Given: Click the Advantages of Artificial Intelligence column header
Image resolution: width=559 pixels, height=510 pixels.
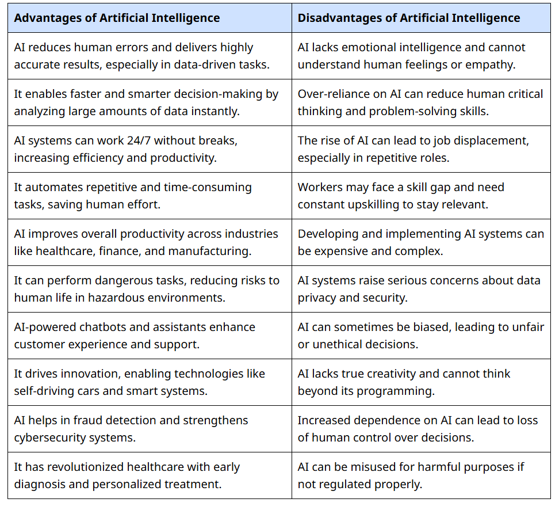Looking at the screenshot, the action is click(117, 18).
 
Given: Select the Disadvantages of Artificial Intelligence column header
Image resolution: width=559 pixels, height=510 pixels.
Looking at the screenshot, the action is click(409, 18).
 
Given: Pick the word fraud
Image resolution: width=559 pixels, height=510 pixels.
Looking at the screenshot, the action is click(85, 420).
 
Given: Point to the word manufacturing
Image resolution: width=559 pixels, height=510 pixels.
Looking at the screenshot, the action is click(209, 252).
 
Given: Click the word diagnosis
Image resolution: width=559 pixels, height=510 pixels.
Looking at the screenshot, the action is click(40, 485).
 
